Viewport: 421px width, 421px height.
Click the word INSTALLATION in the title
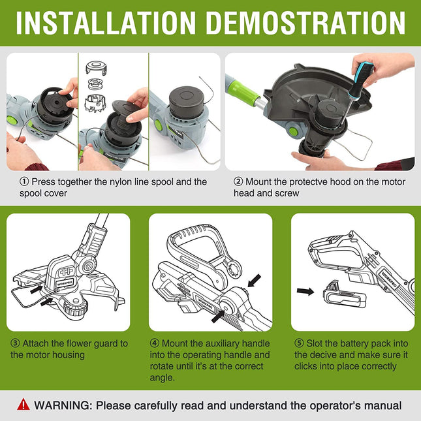coord(106,23)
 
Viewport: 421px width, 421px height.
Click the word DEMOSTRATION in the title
coord(306,23)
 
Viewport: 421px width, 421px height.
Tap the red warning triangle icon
coord(23,404)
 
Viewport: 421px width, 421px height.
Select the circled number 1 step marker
coord(24,181)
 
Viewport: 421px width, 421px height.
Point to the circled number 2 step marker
coord(238,181)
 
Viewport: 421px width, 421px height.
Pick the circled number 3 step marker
coord(15,343)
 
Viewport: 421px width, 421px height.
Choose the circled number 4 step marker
coord(155,343)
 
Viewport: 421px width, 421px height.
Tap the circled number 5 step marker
coord(299,343)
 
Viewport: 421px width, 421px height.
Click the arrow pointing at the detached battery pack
coord(305,291)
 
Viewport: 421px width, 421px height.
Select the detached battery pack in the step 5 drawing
coord(344,295)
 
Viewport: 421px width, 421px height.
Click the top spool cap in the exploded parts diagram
coord(96,67)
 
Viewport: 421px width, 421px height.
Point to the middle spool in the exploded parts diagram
coord(95,84)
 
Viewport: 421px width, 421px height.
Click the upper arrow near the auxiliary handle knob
coord(254,281)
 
